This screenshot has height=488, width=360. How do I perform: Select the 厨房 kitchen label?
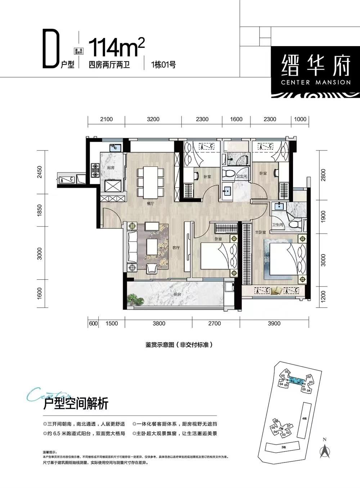coord(111,168)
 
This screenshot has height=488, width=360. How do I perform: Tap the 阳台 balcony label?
coord(177,294)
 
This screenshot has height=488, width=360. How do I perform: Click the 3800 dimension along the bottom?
coord(158,324)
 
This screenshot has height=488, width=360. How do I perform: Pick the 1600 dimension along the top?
coord(236,119)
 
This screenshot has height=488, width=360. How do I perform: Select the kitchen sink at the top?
coord(115,147)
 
